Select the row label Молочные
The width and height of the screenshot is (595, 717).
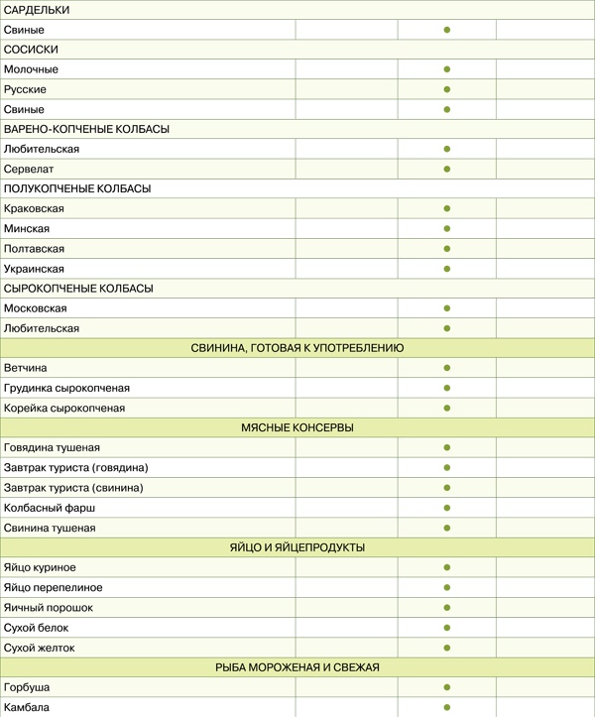pyautogui.click(x=31, y=69)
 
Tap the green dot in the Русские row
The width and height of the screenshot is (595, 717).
pyautogui.click(x=447, y=89)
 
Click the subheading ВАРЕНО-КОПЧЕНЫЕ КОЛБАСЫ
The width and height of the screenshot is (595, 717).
pyautogui.click(x=86, y=129)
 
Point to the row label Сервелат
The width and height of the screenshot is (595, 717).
pyautogui.click(x=30, y=169)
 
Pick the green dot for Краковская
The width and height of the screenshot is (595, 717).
pyautogui.click(x=447, y=209)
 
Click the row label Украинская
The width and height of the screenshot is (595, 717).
pyautogui.click(x=34, y=269)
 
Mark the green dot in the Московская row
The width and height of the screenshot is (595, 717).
pyautogui.click(x=447, y=308)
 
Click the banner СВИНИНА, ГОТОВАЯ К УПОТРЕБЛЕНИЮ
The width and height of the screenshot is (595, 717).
pyautogui.click(x=297, y=348)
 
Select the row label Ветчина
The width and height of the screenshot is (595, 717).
pyautogui.click(x=26, y=368)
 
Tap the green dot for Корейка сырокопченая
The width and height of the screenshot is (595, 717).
pyautogui.click(x=447, y=408)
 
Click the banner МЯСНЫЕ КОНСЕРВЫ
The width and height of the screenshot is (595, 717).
pyautogui.click(x=297, y=427)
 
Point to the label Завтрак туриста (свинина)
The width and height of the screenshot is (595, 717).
pyautogui.click(x=73, y=488)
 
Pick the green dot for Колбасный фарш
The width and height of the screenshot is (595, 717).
pyautogui.click(x=447, y=508)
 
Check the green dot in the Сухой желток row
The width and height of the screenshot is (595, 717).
pyautogui.click(x=447, y=648)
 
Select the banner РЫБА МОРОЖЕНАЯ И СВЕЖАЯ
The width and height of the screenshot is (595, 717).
pyautogui.click(x=297, y=667)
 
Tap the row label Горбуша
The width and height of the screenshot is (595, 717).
pyautogui.click(x=27, y=687)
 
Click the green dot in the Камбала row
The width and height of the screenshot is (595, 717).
pyautogui.click(x=447, y=707)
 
